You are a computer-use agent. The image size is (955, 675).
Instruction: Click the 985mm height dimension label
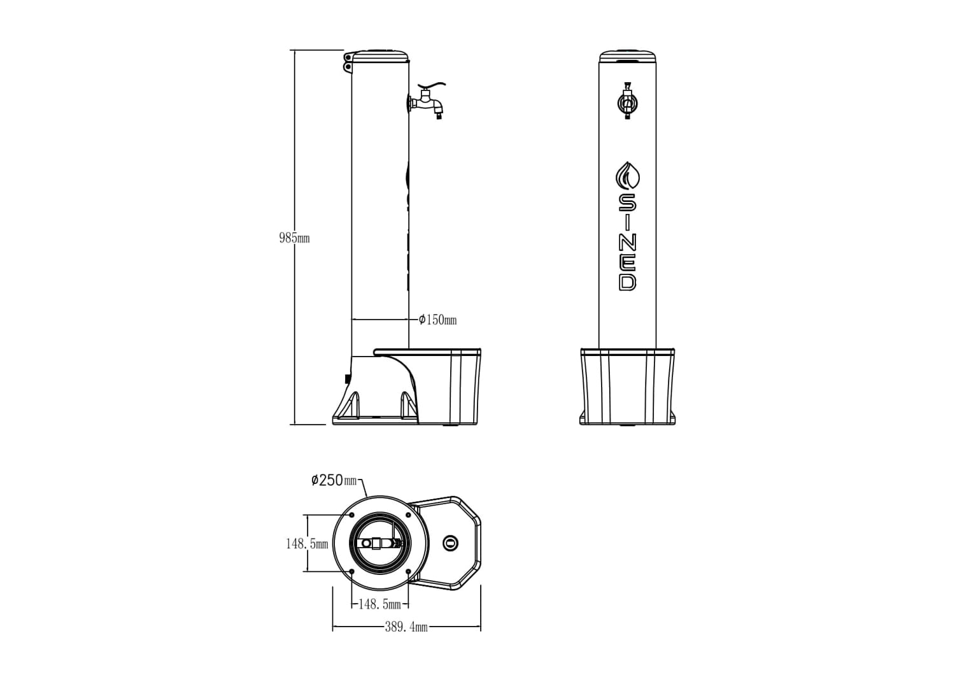coord(294,239)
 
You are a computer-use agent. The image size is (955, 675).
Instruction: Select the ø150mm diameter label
coord(437,320)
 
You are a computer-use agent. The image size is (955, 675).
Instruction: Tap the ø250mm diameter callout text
coord(334,480)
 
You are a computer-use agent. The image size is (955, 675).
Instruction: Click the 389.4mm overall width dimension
coord(406,627)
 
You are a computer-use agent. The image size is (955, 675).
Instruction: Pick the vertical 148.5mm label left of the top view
coord(307,544)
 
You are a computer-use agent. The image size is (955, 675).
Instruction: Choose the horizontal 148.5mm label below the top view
coord(379,604)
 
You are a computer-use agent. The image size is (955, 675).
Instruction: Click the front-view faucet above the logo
coord(628,101)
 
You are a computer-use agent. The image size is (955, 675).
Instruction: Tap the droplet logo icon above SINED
coord(628,175)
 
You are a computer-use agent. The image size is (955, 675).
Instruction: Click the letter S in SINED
coord(628,202)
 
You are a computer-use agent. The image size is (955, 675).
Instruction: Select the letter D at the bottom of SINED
coord(628,281)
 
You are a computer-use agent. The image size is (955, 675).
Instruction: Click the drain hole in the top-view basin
coord(450,543)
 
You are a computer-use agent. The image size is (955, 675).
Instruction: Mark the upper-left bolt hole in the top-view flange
coord(351,515)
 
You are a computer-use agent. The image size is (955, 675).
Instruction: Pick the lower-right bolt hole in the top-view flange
coord(408,571)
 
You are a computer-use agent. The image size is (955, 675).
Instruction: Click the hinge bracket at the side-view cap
coord(348,62)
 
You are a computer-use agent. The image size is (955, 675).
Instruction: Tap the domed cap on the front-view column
coord(628,56)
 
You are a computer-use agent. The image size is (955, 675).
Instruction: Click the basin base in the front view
coord(628,387)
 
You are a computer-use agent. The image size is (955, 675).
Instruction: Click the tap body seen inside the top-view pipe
coord(380,543)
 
